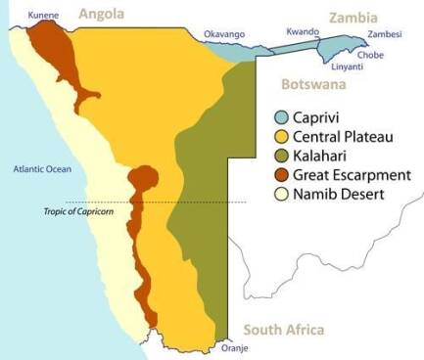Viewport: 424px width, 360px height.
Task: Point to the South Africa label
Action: [283, 330]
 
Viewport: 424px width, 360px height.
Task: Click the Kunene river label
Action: [43, 16]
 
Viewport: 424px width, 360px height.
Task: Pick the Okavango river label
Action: [223, 35]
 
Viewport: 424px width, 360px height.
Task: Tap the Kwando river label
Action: [303, 32]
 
